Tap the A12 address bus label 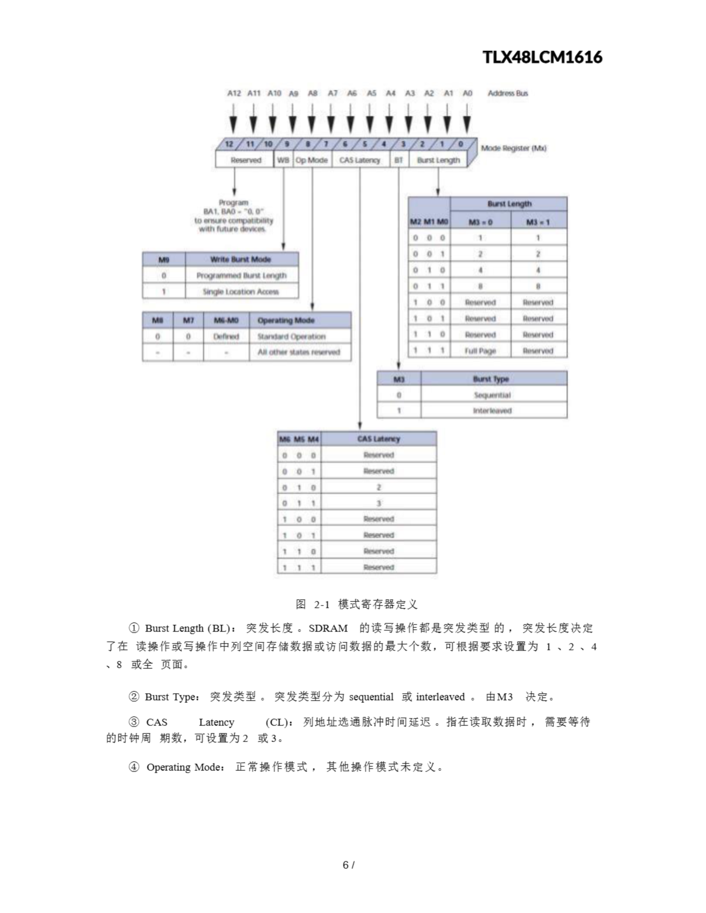point(234,93)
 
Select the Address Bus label point(508,93)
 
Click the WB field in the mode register point(283,160)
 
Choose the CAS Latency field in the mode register point(359,160)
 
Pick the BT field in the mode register point(398,160)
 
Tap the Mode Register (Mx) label point(514,148)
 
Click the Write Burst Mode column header point(241,260)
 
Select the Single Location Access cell point(241,291)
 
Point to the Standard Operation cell point(291,337)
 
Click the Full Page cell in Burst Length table point(480,351)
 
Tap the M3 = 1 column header point(538,222)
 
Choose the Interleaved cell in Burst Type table point(493,410)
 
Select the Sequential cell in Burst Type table point(493,395)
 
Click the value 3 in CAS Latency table point(379,503)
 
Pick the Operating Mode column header point(286,321)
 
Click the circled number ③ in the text point(134,722)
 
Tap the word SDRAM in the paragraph point(328,628)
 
